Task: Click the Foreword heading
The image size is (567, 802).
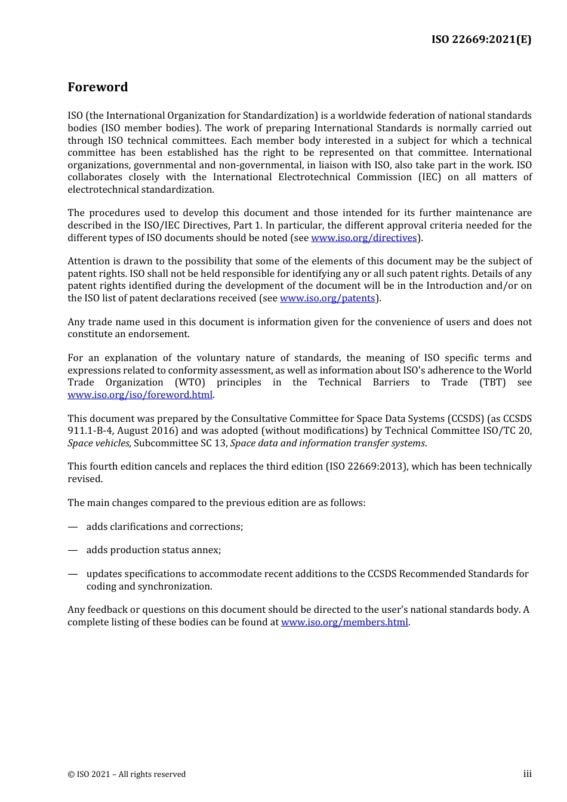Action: point(97,87)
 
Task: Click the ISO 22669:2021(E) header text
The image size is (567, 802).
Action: point(481,39)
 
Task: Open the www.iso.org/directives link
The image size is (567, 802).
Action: point(363,238)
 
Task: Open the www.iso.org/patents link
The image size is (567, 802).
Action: point(327,298)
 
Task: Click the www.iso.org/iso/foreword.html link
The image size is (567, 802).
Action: point(140,395)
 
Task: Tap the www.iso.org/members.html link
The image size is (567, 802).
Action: point(344,622)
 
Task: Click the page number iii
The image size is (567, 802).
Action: point(527,774)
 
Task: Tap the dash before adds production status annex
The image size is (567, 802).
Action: point(73,550)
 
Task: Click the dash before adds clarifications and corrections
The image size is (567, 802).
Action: point(73,527)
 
